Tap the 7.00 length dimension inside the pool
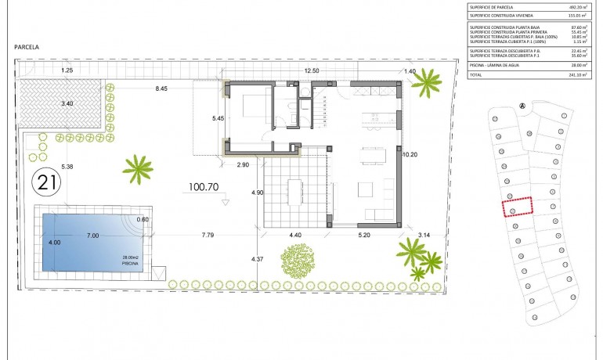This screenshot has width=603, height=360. pos(92,236)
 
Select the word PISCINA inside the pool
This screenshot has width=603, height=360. pos(129,265)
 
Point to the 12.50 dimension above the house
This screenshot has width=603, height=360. pos(312,71)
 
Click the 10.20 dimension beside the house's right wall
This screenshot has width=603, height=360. pos(410,155)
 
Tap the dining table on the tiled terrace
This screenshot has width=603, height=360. pos(294,189)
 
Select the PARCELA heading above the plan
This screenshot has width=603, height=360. pos(27,47)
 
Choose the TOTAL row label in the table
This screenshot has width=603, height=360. pos(477,75)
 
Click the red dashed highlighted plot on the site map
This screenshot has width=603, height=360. pos(516,207)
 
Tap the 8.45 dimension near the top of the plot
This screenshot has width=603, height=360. pos(162,89)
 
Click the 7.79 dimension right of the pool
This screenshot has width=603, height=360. pos(208,235)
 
